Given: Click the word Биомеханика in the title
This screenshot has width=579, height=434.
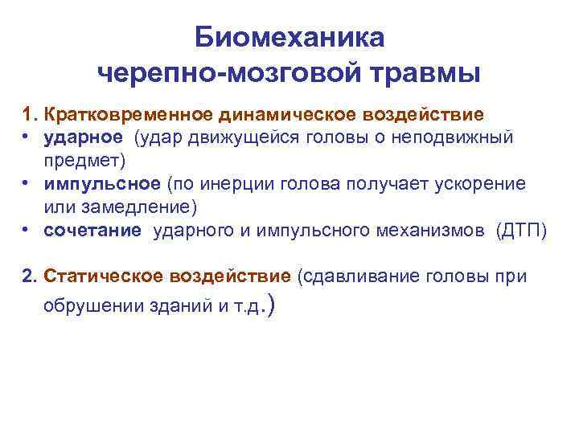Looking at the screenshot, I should [x=290, y=38].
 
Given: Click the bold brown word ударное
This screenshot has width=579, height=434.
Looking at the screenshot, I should [x=84, y=137].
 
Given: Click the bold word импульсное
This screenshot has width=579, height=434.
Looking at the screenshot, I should [x=103, y=184].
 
